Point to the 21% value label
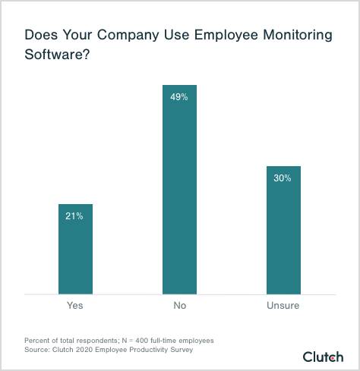tap(75, 216)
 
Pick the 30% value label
tap(283, 178)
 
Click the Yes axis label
tap(75, 306)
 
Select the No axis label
tap(179, 306)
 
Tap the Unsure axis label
tap(283, 306)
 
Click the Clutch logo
tap(324, 357)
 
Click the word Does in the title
tap(39, 35)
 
